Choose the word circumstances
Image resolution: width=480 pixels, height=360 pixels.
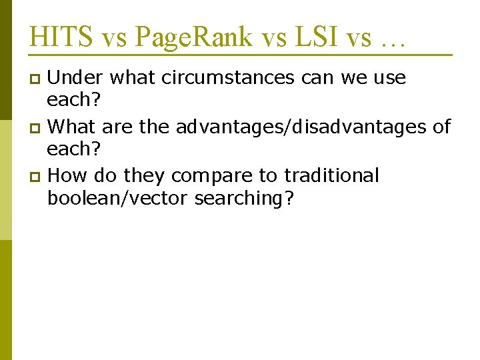[x=202, y=78]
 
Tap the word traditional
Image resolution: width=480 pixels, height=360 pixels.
[x=331, y=176]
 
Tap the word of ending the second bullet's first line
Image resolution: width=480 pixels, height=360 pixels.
[x=441, y=127]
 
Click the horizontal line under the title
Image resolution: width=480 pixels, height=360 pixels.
[x=240, y=54]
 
